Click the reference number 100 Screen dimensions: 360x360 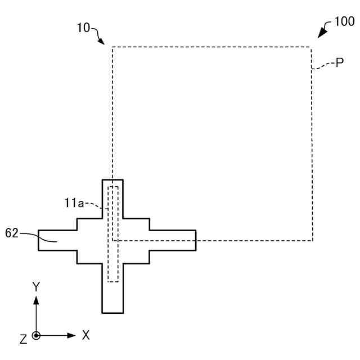[x=344, y=22]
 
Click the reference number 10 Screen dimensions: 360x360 [x=83, y=27]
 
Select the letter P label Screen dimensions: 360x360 [x=340, y=64]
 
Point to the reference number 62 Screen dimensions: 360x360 [x=12, y=232]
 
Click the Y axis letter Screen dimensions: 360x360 [x=36, y=287]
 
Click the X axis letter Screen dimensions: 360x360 [x=86, y=335]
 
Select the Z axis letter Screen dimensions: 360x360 [x=23, y=339]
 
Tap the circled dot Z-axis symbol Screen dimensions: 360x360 [x=36, y=336]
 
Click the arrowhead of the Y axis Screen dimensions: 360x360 [x=36, y=299]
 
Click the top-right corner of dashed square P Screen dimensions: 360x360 [x=311, y=47]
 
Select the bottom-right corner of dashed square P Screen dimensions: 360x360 [x=312, y=241]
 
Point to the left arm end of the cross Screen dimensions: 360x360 [x=39, y=240]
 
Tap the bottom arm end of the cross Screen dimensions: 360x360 [x=112, y=312]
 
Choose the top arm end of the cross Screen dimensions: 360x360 [x=112, y=180]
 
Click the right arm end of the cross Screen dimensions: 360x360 [x=195, y=240]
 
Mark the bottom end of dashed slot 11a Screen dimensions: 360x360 [x=113, y=281]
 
